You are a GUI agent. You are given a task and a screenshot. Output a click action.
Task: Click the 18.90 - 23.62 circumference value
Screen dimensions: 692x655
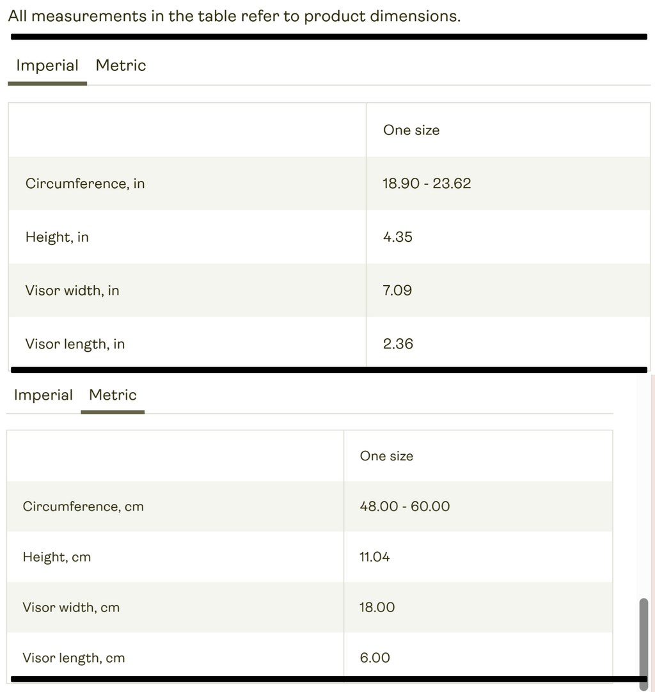click(427, 184)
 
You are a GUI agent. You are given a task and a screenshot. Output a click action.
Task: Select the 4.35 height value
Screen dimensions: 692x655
click(397, 237)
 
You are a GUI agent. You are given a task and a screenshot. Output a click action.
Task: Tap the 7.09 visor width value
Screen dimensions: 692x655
click(397, 290)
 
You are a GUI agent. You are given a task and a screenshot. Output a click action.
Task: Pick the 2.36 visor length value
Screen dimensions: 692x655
click(398, 344)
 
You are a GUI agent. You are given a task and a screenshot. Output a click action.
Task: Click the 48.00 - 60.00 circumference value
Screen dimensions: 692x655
click(404, 507)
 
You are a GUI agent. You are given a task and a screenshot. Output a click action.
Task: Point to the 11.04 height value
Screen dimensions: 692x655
click(374, 557)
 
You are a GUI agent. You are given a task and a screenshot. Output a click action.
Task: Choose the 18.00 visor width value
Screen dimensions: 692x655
click(377, 608)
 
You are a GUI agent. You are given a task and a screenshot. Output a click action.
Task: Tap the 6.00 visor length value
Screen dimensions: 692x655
click(374, 658)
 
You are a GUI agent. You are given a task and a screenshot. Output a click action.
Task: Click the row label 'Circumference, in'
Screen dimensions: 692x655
click(85, 184)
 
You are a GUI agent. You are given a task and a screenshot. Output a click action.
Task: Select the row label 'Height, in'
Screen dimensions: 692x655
click(57, 237)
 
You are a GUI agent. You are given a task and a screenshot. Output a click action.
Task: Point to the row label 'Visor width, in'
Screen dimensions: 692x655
click(72, 290)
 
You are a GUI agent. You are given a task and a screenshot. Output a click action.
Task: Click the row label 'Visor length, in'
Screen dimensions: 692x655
click(75, 344)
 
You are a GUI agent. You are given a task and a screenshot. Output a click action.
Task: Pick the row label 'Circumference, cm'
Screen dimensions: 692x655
click(83, 507)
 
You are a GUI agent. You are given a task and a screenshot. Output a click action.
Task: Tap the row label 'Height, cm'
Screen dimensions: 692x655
click(57, 557)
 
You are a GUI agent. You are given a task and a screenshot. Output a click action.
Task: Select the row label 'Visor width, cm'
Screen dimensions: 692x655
click(71, 608)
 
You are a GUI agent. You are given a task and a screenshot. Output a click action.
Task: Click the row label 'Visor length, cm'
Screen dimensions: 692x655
click(74, 658)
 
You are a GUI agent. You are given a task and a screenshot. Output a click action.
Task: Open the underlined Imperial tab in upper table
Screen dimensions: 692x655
click(47, 66)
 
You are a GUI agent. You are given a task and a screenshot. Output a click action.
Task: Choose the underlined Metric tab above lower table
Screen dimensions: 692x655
click(113, 395)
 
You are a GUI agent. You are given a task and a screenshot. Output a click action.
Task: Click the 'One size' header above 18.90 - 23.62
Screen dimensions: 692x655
click(411, 130)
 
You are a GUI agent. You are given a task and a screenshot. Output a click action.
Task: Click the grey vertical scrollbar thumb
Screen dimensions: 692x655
click(643, 643)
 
